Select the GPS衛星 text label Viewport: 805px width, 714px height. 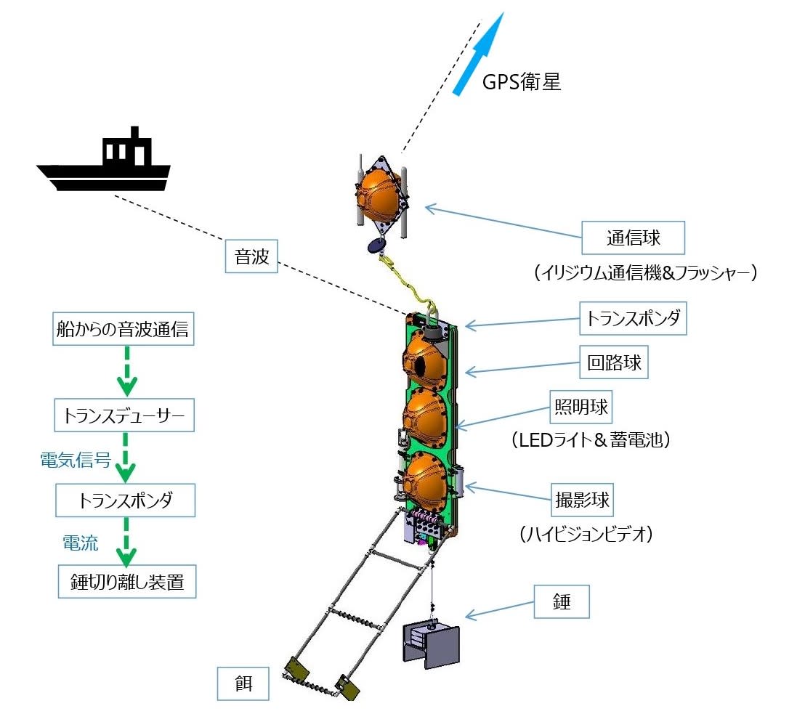(522, 82)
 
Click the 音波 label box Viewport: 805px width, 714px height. (251, 258)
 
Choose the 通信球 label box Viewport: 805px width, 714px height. (634, 238)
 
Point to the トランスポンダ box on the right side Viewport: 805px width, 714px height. (633, 318)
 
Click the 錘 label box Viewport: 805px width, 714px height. (561, 602)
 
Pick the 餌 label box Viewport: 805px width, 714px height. (243, 684)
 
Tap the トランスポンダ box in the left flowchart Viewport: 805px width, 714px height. (125, 500)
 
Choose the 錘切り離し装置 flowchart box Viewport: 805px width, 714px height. (126, 583)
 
